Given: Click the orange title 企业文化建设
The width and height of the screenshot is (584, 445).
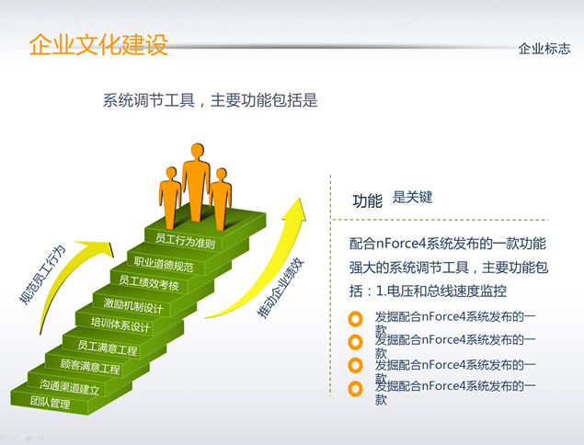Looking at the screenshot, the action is pos(98,45).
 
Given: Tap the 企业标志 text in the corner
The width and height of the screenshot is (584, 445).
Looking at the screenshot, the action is pos(544,49).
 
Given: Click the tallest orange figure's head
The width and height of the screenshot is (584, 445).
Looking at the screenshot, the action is pos(197,151).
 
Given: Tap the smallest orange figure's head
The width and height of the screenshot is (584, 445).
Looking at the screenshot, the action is pos(171,174).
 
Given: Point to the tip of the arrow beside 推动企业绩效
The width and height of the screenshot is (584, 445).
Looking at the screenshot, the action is pos(299,198).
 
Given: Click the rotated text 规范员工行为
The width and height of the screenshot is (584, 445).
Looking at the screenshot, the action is pos(42,275).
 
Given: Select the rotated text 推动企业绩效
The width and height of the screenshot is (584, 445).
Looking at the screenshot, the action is pos(281,289).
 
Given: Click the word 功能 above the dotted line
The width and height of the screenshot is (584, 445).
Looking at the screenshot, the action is pos(367,201).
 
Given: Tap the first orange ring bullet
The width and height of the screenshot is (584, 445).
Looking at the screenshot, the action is pos(355,319).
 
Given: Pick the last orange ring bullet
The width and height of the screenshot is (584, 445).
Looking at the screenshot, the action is pos(355,389).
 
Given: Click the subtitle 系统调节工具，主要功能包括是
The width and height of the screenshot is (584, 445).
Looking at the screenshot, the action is pos(210,100).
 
